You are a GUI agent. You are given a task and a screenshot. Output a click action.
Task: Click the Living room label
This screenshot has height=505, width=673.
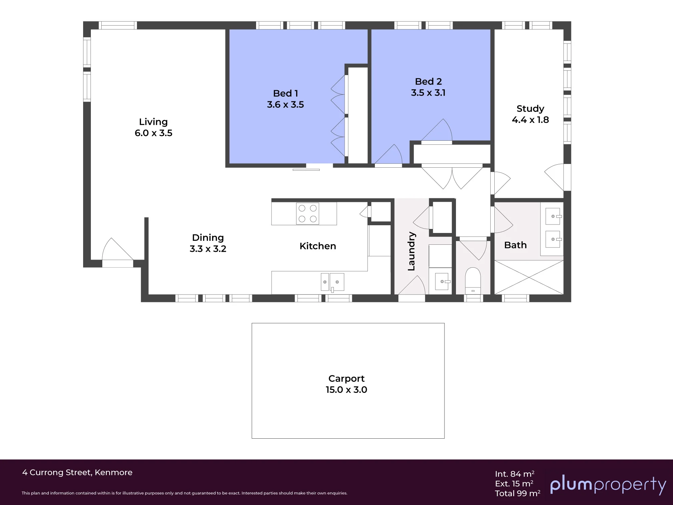(x=153, y=122)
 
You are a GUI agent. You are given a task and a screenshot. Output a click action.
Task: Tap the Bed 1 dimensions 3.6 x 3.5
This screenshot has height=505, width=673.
(x=285, y=105)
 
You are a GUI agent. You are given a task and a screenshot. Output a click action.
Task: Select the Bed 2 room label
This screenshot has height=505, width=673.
(x=428, y=81)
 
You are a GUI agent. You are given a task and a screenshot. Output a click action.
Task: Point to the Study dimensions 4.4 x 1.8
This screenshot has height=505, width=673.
(x=530, y=120)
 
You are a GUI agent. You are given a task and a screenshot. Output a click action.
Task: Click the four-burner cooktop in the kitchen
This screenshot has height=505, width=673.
(x=308, y=213)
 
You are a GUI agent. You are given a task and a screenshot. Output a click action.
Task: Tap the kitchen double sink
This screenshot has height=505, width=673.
(x=332, y=282)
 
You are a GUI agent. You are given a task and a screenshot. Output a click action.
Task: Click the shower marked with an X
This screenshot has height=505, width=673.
(x=529, y=277)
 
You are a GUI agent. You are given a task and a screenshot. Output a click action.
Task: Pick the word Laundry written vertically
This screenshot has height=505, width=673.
(x=411, y=251)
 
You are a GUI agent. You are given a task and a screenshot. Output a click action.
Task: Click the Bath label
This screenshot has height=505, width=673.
(x=515, y=245)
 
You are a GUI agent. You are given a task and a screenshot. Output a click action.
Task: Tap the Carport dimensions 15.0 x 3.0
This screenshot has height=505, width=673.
(x=346, y=390)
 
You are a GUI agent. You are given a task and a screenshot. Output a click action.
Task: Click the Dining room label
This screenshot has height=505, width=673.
(x=208, y=238)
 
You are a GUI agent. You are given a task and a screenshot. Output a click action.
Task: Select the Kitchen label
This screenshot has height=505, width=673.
(x=318, y=246)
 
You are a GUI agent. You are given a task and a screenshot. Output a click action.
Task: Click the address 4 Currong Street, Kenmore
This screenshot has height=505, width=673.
(x=77, y=473)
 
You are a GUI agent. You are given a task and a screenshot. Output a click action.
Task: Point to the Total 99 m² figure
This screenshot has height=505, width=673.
(x=518, y=493)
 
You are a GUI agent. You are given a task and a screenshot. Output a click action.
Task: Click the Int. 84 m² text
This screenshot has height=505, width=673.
(x=515, y=474)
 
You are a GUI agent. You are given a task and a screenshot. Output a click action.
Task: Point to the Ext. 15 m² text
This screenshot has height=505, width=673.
(x=514, y=484)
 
